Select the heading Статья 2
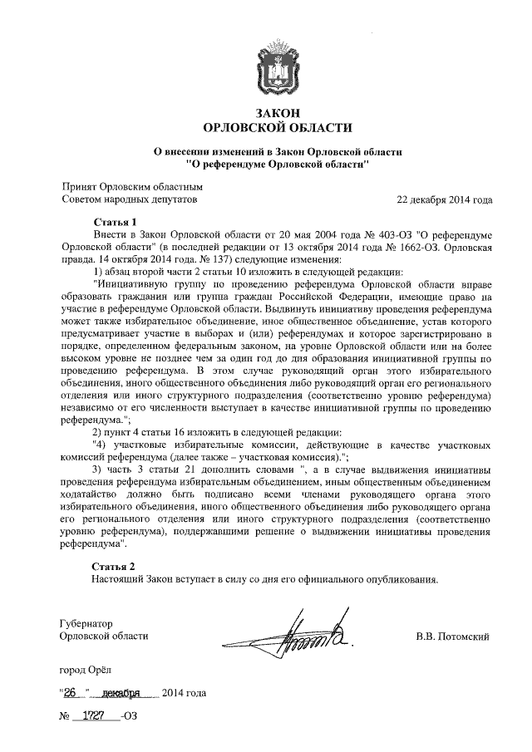[x=114, y=566]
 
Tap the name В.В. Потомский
[x=453, y=637]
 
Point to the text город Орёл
[x=85, y=669]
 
